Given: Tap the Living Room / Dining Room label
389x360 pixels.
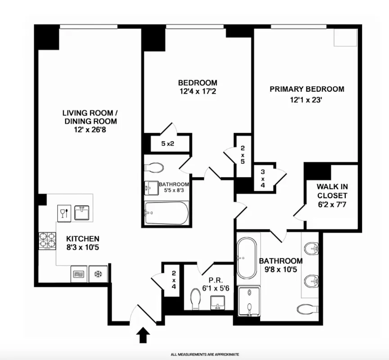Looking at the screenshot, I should [x=90, y=117].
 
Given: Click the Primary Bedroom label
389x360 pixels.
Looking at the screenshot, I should [x=307, y=89].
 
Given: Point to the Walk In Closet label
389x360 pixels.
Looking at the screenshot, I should [x=332, y=191].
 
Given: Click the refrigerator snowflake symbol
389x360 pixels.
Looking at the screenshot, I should [x=97, y=274].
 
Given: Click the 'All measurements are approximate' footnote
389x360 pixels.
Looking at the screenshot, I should [x=205, y=354].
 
